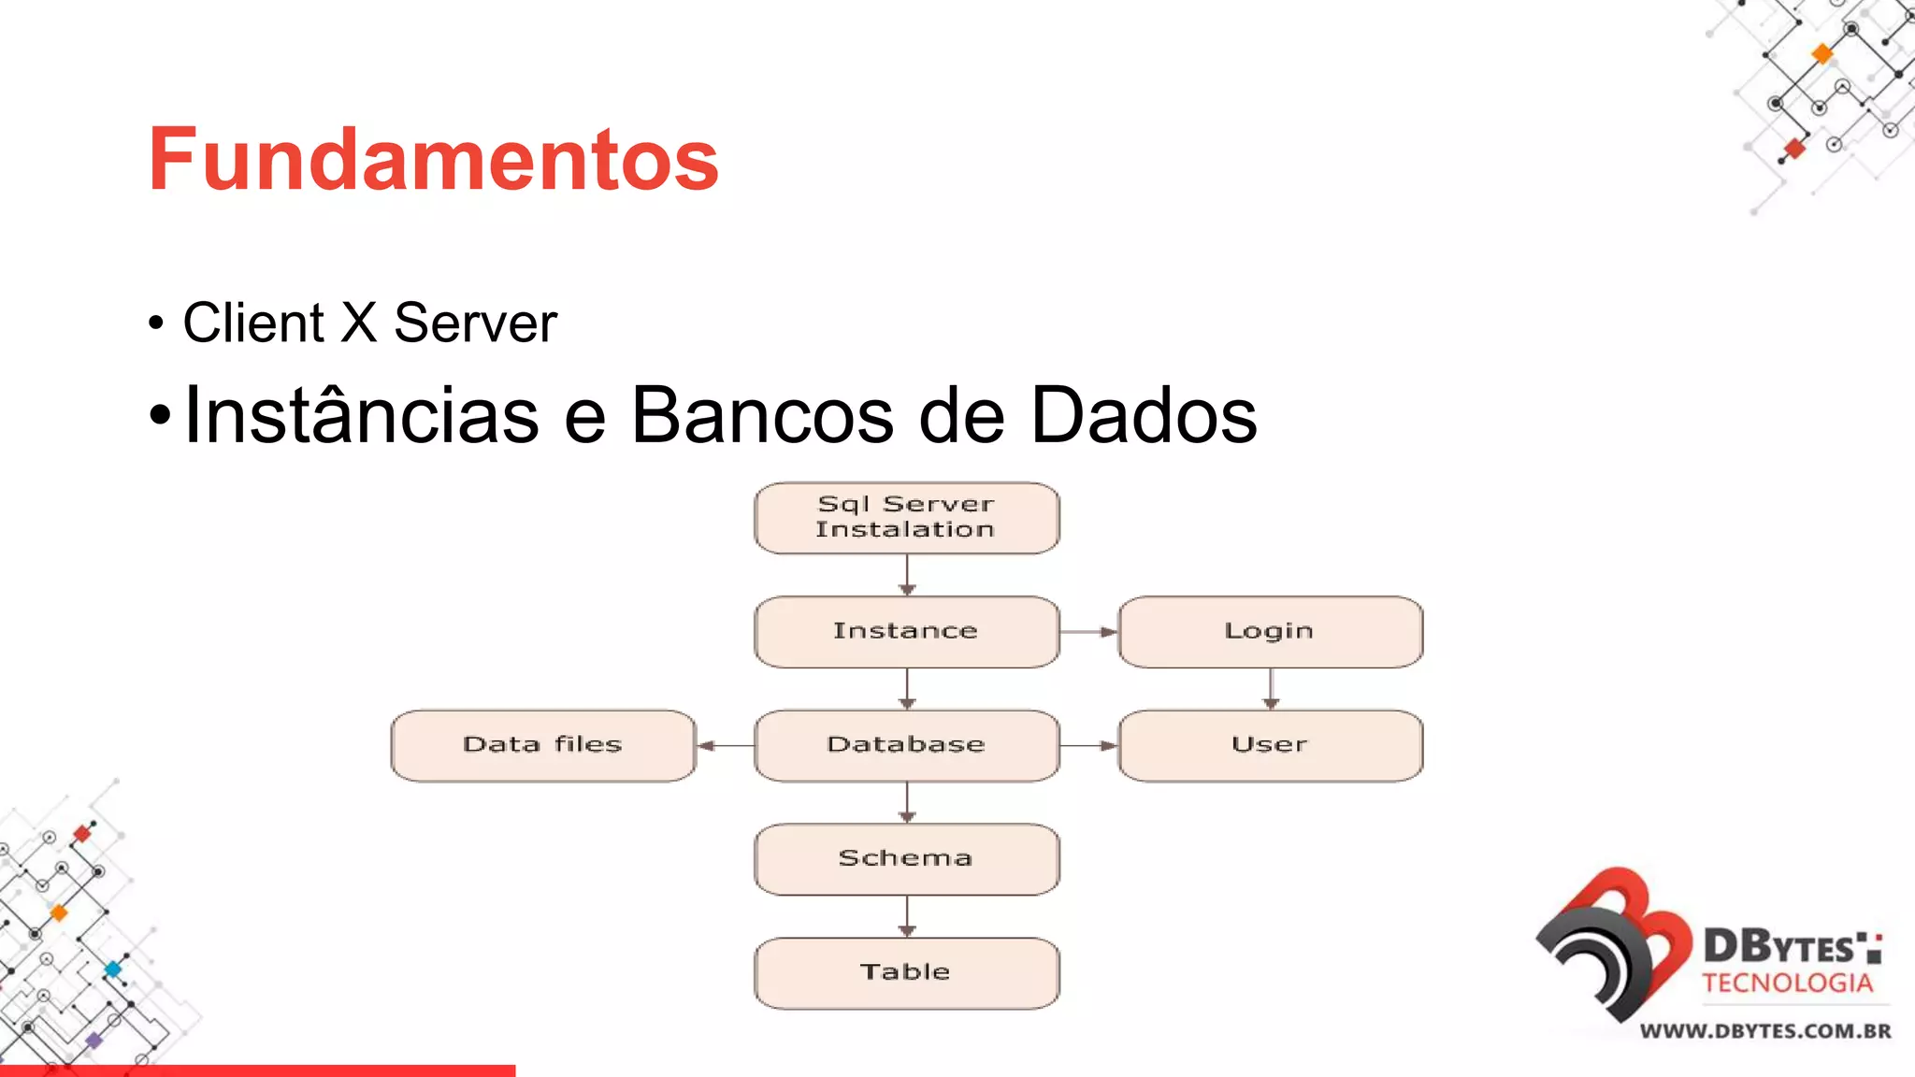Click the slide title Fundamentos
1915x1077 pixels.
433,159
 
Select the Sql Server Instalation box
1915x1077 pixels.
906,518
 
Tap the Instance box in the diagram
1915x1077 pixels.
906,632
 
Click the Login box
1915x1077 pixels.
1270,632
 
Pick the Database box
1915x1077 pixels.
906,745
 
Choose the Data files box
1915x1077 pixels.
543,745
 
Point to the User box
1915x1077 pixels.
1270,745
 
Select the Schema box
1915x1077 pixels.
906,859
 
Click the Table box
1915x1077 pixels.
906,973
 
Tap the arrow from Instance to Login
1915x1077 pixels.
1088,632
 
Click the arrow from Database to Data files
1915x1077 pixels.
726,745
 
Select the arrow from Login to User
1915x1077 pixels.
1270,689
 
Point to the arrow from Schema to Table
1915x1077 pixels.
906,916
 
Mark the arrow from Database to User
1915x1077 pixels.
1088,745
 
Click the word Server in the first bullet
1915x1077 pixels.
475,323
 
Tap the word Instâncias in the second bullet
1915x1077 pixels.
361,415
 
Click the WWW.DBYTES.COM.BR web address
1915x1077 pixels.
1765,1031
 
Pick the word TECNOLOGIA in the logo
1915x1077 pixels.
1787,984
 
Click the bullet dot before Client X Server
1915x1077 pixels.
156,323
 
